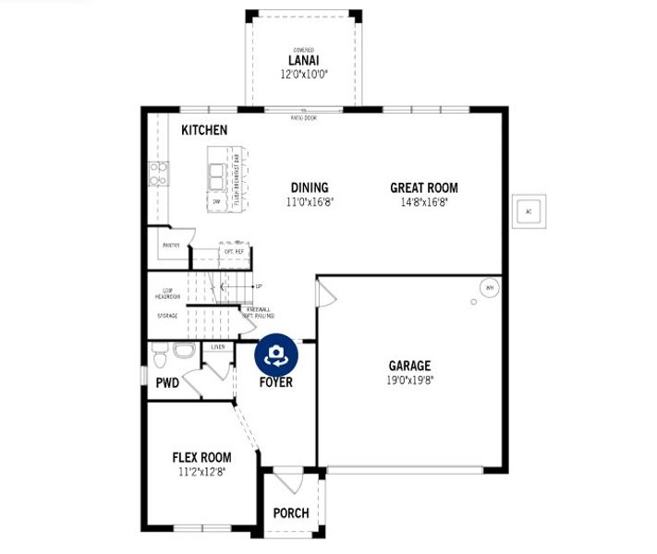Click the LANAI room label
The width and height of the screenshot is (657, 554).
click(x=303, y=61)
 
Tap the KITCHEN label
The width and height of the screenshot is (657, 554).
click(x=203, y=130)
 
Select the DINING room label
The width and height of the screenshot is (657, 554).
click(x=310, y=187)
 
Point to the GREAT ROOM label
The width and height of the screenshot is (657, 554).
click(x=423, y=187)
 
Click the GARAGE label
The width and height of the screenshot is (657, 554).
click(x=409, y=366)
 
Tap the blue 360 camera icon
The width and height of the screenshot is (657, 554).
click(x=274, y=355)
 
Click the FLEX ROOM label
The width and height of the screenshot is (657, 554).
click(x=201, y=457)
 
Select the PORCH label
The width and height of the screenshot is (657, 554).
click(x=291, y=513)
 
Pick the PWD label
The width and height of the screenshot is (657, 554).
click(x=167, y=382)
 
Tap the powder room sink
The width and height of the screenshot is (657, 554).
click(x=183, y=351)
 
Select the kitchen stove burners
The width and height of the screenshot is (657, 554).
click(x=158, y=174)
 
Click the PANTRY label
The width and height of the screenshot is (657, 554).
click(x=171, y=246)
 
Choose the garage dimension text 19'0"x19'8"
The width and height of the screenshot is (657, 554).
click(x=409, y=379)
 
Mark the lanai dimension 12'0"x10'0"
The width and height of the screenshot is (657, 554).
click(x=303, y=74)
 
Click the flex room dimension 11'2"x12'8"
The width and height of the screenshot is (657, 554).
click(x=201, y=471)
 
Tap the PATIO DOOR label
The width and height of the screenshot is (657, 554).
click(x=303, y=118)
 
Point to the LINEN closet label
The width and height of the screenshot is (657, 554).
click(x=218, y=347)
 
